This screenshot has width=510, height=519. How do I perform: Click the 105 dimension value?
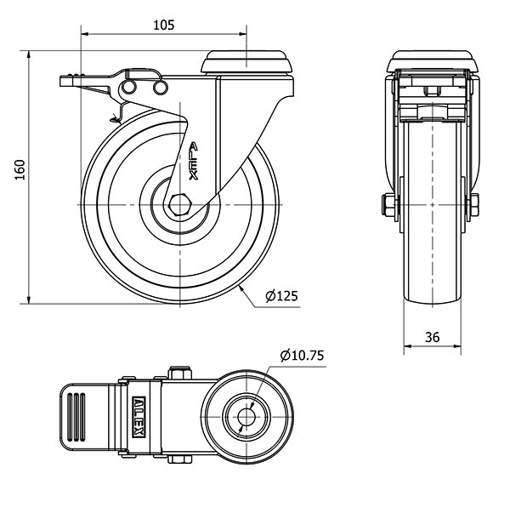pyautogui.click(x=164, y=26)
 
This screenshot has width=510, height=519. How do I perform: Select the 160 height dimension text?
pyautogui.click(x=20, y=170)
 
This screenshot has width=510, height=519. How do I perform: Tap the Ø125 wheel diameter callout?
pyautogui.click(x=282, y=296)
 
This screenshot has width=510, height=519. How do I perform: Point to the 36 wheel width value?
pyautogui.click(x=433, y=337)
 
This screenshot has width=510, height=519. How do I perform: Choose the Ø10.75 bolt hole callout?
pyautogui.click(x=302, y=356)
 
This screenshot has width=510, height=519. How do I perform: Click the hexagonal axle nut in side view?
pyautogui.click(x=179, y=205)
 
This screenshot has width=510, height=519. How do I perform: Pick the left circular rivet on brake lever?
pyautogui.click(x=128, y=88)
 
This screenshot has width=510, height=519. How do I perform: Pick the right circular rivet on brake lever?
pyautogui.click(x=161, y=88)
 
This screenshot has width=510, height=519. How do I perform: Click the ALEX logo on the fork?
pyautogui.click(x=194, y=161)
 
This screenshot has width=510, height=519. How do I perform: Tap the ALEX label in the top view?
pyautogui.click(x=139, y=417)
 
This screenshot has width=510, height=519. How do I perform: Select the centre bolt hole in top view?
pyautogui.click(x=246, y=417)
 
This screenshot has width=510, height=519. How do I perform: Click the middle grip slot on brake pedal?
pyautogui.click(x=76, y=417)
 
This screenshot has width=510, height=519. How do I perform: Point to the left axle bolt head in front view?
pyautogui.click(x=388, y=205)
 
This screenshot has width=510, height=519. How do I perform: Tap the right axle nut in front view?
pyautogui.click(x=474, y=205)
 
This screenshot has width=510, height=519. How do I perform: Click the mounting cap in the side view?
pyautogui.click(x=246, y=62)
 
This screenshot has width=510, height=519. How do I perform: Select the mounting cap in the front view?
pyautogui.click(x=433, y=61)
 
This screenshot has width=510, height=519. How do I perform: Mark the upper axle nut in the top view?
pyautogui.click(x=180, y=373)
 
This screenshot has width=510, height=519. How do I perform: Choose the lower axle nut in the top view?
pyautogui.click(x=180, y=459)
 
